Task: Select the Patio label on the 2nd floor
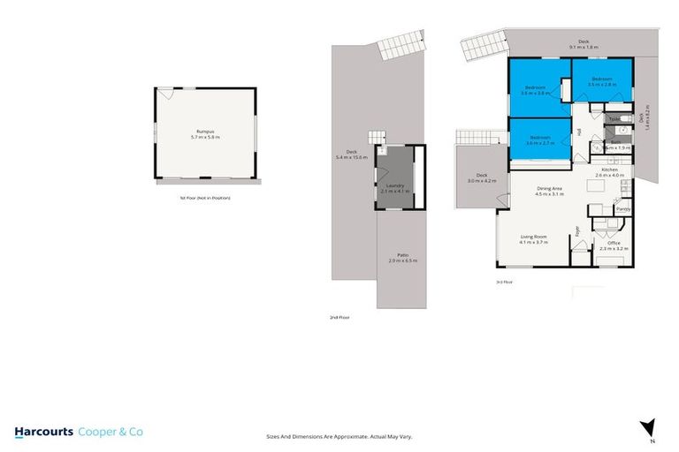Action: point(402,257)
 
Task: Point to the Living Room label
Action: point(534,238)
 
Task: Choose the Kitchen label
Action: point(609,172)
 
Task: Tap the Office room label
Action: point(614,245)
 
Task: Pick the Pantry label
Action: point(622,209)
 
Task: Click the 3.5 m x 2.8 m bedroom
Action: point(603,81)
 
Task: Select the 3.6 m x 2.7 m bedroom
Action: point(540,139)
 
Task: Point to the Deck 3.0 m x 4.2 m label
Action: point(481,177)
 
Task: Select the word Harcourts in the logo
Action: point(42,432)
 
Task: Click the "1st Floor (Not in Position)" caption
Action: point(204,198)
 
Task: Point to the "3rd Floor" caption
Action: point(504,282)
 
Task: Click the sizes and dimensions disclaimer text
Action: point(339,436)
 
